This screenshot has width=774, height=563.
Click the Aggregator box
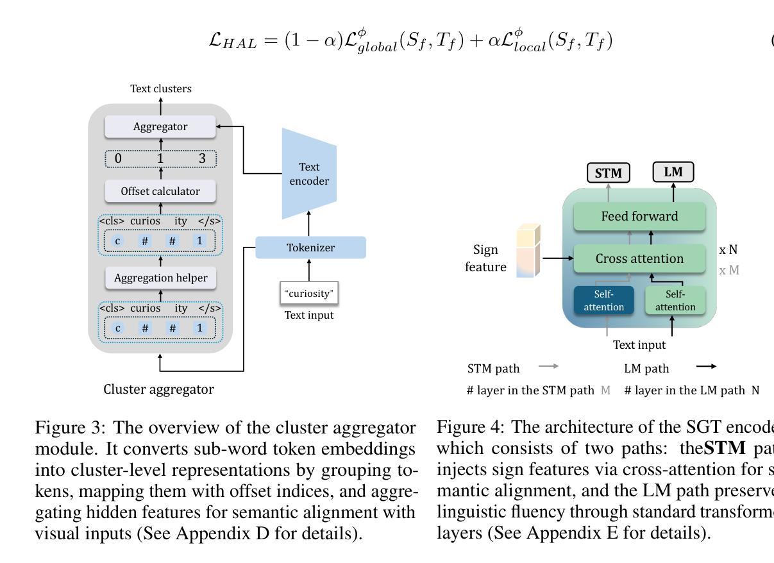click(x=160, y=126)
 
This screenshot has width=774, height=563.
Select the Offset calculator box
click(x=160, y=191)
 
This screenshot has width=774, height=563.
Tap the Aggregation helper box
click(x=160, y=278)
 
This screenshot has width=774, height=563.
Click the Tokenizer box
click(x=310, y=248)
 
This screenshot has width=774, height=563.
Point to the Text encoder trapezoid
click(x=308, y=174)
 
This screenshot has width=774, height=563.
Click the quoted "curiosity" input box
click(x=310, y=294)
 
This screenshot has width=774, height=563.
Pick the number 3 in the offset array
click(x=202, y=158)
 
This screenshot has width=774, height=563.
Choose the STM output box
click(x=609, y=173)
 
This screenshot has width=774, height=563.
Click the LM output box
click(x=673, y=172)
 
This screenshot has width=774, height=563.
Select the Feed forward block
click(x=639, y=216)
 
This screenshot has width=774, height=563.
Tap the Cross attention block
click(x=639, y=258)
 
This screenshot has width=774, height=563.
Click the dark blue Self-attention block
click(x=603, y=301)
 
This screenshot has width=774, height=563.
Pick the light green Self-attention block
click(x=675, y=301)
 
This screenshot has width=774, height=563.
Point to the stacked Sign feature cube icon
click(x=528, y=251)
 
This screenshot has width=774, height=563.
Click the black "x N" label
click(x=728, y=250)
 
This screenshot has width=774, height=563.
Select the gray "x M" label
click(x=729, y=270)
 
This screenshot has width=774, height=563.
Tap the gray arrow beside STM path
click(x=548, y=366)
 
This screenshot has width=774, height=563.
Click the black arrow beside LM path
click(x=705, y=366)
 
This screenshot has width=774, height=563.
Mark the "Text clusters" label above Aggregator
click(x=160, y=88)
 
